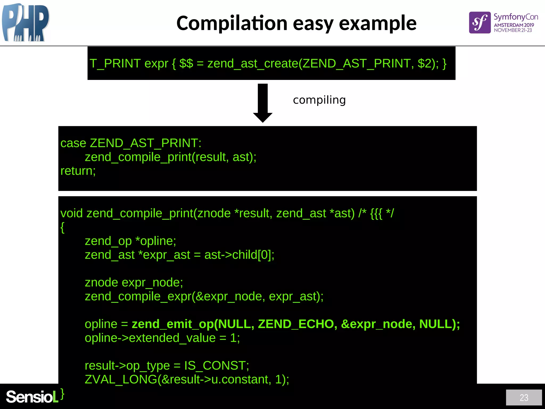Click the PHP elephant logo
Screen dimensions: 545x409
[x=25, y=23]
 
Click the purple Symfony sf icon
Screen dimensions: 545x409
[x=480, y=23]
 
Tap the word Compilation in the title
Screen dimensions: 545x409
[x=232, y=23]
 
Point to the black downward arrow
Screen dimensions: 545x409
[x=263, y=103]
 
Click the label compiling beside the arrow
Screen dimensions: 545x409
[x=319, y=100]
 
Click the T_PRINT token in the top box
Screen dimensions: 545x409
[x=115, y=64]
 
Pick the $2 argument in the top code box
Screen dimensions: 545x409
[x=424, y=64]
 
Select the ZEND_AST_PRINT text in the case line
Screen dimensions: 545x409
[x=145, y=143]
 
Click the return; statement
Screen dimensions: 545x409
[x=78, y=171]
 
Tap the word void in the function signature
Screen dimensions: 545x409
[x=72, y=214]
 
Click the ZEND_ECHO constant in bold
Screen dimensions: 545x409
[x=296, y=324]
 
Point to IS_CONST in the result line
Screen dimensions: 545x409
[x=216, y=366]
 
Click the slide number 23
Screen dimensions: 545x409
[x=524, y=398]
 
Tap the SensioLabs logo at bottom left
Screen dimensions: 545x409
[x=32, y=397]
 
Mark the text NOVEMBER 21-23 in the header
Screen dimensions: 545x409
[x=513, y=30]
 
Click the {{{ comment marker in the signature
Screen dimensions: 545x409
[x=376, y=214]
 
